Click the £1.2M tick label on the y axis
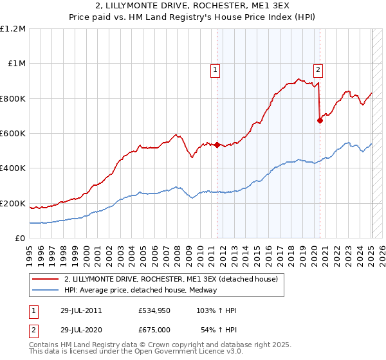[x=13, y=29]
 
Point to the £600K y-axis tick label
[x=13, y=134]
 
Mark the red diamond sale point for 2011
[x=217, y=145]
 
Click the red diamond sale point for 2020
[x=320, y=120]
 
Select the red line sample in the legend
[x=46, y=279]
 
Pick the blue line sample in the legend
[x=46, y=289]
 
